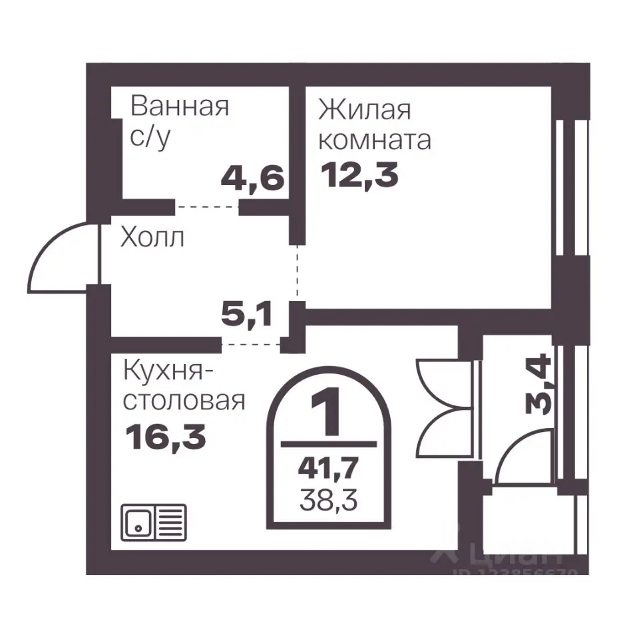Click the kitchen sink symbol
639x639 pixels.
153,523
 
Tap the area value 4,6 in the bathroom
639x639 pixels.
252,178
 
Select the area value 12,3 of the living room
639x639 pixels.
359,176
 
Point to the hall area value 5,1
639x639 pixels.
246,314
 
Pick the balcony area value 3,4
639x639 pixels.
538,384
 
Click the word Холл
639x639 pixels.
151,238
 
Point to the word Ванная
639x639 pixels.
180,106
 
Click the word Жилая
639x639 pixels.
364,109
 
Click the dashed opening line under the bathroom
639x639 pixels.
207,208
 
